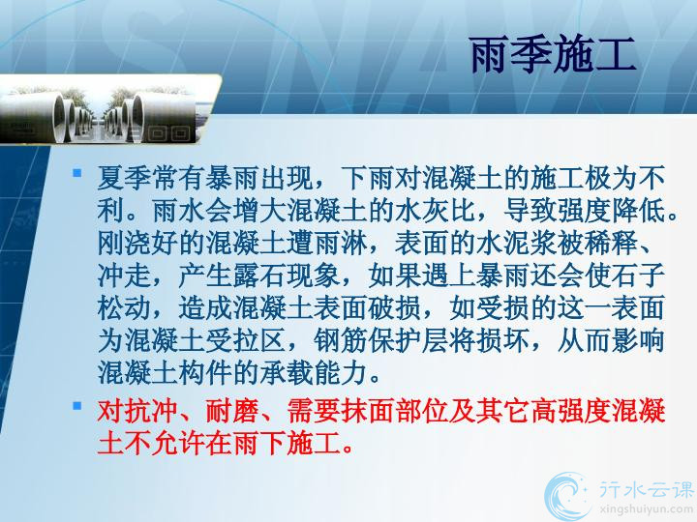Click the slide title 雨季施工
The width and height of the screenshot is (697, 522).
click(x=553, y=55)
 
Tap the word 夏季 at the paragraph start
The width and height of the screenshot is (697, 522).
click(x=125, y=178)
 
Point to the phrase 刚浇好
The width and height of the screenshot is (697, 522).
click(x=137, y=244)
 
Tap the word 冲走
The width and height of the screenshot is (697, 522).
click(x=125, y=275)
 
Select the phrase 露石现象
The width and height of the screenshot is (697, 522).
click(x=287, y=275)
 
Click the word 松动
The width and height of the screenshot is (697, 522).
click(x=125, y=308)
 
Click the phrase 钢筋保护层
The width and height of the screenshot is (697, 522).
click(x=380, y=340)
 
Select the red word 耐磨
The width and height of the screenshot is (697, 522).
click(x=232, y=411)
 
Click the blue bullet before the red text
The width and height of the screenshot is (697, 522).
click(x=77, y=404)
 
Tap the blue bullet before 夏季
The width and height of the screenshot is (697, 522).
click(x=77, y=172)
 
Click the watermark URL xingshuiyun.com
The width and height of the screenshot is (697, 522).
click(x=647, y=508)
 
